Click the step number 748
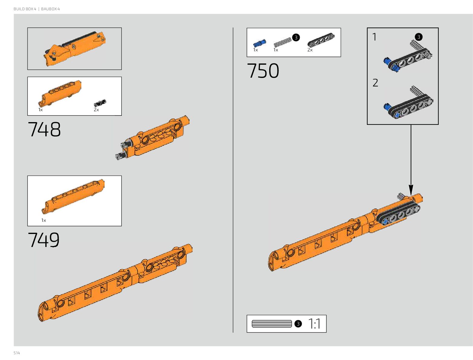[44, 129]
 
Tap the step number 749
[44, 240]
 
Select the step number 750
[263, 71]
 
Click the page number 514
[17, 353]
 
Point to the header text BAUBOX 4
[50, 9]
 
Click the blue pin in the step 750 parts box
[259, 43]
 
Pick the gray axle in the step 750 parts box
[282, 42]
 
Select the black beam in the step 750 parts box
[321, 40]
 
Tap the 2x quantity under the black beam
[310, 50]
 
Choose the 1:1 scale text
[314, 324]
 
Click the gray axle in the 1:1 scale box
[271, 324]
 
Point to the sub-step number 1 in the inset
[374, 37]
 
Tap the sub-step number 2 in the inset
[375, 83]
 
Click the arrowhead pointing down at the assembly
[411, 190]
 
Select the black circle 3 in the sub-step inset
[419, 37]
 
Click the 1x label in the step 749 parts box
[44, 220]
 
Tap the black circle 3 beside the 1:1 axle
[298, 324]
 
